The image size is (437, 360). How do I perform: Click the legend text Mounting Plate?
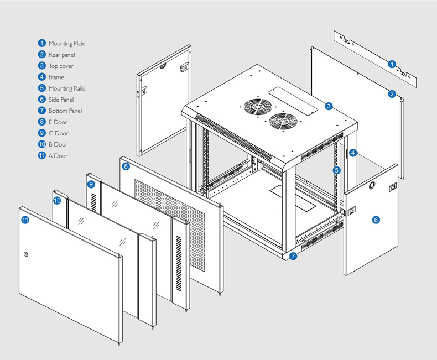[x=67, y=44]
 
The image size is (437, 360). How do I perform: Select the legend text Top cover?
[x=61, y=66]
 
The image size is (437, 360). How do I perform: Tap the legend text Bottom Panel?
[x=65, y=111]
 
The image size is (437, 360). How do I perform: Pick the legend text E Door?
[x=58, y=122]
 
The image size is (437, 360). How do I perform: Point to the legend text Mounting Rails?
[x=66, y=88]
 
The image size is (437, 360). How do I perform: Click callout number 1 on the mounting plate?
[x=392, y=64]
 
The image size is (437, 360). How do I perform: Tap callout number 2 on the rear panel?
[x=392, y=94]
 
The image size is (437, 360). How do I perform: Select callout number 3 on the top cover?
[x=329, y=106]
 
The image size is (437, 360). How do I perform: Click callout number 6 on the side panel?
[x=376, y=220]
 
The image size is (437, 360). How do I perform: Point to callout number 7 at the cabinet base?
[x=293, y=256]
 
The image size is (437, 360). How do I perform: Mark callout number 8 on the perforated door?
[x=126, y=166]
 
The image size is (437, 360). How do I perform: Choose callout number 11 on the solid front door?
[x=25, y=220]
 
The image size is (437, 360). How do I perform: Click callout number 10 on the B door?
[x=57, y=200]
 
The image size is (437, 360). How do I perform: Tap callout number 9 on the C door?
[x=90, y=184]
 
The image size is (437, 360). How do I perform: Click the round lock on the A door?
[x=25, y=254]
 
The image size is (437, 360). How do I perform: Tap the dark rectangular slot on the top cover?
[x=293, y=102]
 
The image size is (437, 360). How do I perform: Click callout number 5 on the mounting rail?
[x=336, y=170]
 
